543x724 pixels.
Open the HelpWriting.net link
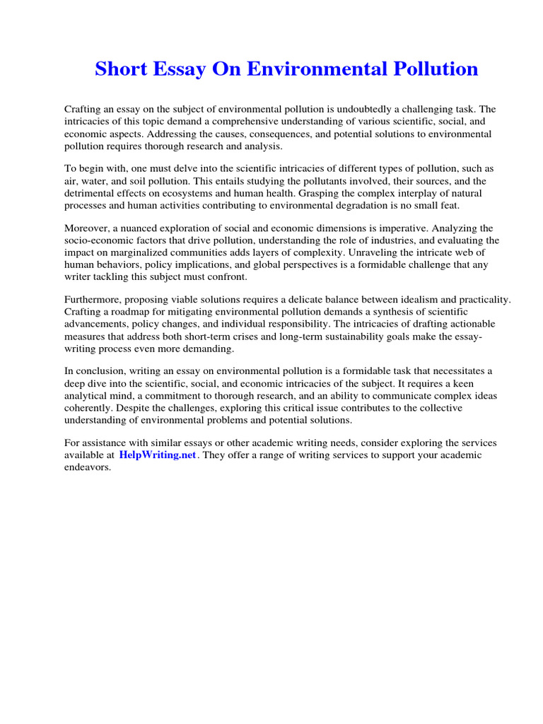pos(157,455)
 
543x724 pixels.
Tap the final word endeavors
pos(88,467)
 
